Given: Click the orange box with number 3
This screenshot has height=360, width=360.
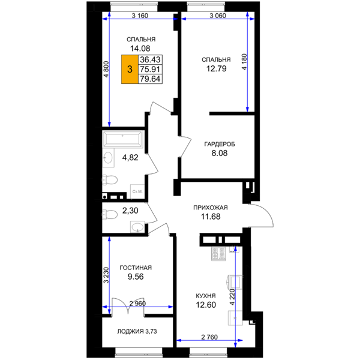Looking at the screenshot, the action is (130, 69).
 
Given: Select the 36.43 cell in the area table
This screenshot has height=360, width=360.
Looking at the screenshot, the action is (150, 59).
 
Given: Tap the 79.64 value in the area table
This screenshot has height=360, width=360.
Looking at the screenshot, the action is (150, 79).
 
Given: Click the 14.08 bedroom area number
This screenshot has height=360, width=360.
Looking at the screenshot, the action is (140, 49).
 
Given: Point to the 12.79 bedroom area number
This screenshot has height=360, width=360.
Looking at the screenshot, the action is (216, 68).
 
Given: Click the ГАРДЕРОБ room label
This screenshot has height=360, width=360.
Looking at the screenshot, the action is (220, 144).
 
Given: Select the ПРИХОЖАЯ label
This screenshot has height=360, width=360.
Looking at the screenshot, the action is (211, 208).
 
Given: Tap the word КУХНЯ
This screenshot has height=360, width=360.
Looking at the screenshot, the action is (206, 296).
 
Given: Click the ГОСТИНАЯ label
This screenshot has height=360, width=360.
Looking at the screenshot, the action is (136, 268).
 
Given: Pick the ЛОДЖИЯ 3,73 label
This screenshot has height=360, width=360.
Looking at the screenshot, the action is (137, 331).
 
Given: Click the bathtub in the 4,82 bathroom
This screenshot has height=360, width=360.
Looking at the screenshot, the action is (123, 139).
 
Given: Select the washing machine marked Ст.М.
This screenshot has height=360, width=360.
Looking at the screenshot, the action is (137, 191).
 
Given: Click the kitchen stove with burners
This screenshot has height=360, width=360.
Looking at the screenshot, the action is (218, 254).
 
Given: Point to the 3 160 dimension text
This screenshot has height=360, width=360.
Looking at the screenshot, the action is (140, 16).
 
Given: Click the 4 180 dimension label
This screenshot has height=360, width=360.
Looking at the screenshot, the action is (244, 62).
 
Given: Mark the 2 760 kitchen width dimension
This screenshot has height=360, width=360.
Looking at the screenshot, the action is (209, 337).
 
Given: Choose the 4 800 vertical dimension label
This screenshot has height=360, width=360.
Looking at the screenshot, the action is (106, 69).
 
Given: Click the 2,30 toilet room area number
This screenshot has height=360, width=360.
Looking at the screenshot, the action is (130, 211).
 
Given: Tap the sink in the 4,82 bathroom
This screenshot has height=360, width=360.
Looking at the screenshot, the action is (108, 158).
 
